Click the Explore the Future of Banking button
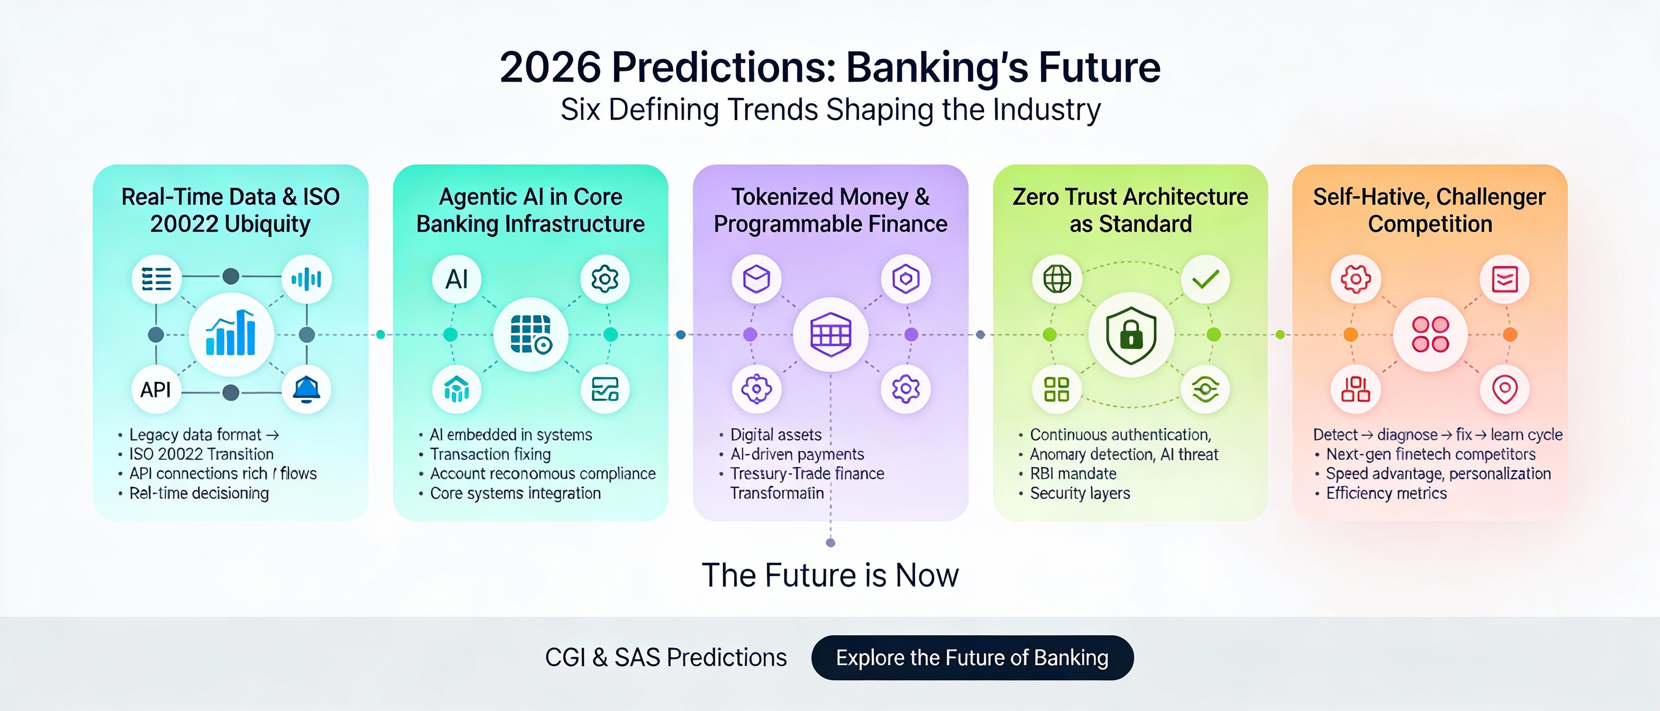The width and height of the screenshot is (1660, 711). (x=972, y=658)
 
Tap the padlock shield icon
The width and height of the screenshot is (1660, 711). (x=1131, y=335)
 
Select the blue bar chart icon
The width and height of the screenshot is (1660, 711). (x=231, y=334)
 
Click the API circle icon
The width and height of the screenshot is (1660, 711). (x=156, y=390)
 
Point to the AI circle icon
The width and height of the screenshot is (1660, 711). (x=456, y=279)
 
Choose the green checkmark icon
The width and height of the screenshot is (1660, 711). (x=1205, y=279)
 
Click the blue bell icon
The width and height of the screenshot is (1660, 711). (x=306, y=390)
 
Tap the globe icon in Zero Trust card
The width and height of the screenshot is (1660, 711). (x=1057, y=279)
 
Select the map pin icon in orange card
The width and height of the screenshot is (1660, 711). (x=1504, y=390)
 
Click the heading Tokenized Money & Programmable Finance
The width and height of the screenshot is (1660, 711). (x=830, y=210)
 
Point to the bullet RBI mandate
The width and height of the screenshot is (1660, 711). (x=1073, y=474)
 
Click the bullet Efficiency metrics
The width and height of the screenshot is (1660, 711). (x=1386, y=494)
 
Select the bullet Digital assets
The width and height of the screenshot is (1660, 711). (x=776, y=435)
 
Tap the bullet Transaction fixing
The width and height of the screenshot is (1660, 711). (x=490, y=454)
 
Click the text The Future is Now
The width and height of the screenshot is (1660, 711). (x=830, y=575)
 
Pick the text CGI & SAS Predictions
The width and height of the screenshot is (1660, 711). (x=666, y=658)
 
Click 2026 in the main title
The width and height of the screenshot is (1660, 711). (x=549, y=68)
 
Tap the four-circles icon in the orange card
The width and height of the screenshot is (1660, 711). (x=1430, y=335)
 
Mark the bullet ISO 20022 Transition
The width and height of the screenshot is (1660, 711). (x=201, y=454)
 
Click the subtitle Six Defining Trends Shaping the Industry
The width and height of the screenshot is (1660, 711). (x=830, y=110)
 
